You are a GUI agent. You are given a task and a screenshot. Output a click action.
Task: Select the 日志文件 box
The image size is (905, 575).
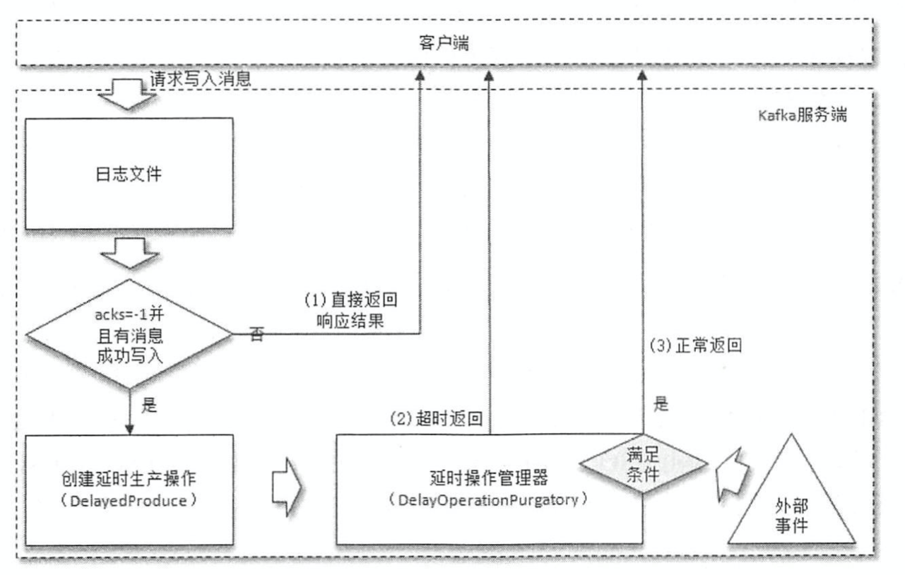[128, 174]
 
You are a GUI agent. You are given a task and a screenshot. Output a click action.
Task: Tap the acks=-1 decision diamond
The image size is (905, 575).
[128, 333]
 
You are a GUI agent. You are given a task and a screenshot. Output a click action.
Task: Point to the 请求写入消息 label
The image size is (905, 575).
[200, 79]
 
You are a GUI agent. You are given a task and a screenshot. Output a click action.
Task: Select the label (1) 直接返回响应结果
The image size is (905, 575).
[350, 309]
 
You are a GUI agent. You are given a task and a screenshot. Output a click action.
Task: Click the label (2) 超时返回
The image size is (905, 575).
[436, 418]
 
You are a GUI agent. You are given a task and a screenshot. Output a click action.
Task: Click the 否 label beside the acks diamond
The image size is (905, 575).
[256, 334]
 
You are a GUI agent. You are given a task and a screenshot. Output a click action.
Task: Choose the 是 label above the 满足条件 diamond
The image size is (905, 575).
[661, 405]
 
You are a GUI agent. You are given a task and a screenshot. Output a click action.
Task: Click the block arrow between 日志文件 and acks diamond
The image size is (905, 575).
[128, 253]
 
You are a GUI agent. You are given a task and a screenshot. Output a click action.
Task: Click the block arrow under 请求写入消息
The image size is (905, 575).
[128, 95]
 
